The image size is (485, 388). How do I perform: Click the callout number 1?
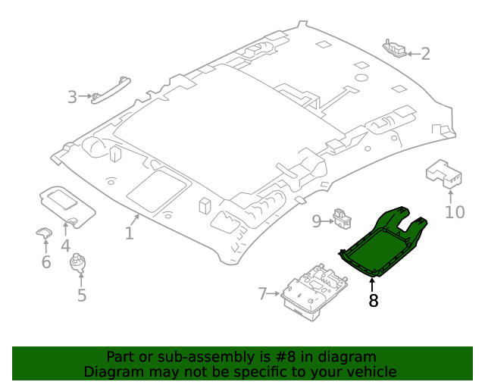pos(130,233)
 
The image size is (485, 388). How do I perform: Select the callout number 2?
pos(425,54)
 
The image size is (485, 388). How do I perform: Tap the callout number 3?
pos(72,97)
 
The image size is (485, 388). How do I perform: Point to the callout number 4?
pos(66,246)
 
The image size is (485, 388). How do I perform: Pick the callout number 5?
pos(82,295)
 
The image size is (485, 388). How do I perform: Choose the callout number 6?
pos(45,262)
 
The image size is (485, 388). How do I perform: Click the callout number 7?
pos(263,293)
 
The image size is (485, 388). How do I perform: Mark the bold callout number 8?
pos(373,301)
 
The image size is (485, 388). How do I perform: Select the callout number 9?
pos(317,221)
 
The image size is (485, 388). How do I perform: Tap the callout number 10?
pos(455,211)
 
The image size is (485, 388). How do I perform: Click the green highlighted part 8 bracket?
pos(379,242)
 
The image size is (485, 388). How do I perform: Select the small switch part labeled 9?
pos(343,218)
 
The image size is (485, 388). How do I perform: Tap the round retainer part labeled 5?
pos(80,263)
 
